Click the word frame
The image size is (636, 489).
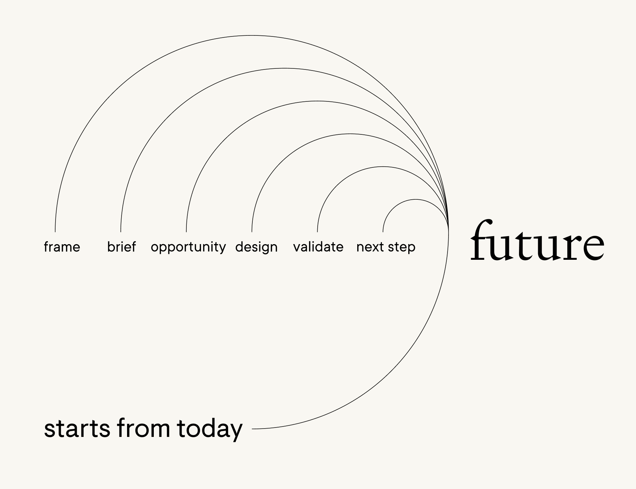pyautogui.click(x=62, y=247)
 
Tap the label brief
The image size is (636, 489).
pyautogui.click(x=122, y=247)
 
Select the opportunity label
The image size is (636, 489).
pyautogui.click(x=188, y=247)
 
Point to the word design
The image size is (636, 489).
pyautogui.click(x=256, y=247)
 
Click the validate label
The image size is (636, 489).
pyautogui.click(x=318, y=247)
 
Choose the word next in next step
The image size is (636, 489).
pyautogui.click(x=370, y=247)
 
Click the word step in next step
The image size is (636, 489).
pyautogui.click(x=402, y=247)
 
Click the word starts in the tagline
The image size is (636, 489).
pyautogui.click(x=77, y=429)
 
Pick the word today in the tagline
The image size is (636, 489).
pyautogui.click(x=210, y=429)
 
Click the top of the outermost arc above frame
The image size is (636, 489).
pyautogui.click(x=252, y=35)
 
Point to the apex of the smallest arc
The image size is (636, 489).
pyautogui.click(x=416, y=199)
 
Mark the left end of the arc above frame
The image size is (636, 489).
pyautogui.click(x=55, y=232)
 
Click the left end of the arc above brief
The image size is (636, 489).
pyautogui.click(x=121, y=232)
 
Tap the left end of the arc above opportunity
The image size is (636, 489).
pyautogui.click(x=186, y=232)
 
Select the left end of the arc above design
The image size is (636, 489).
pyautogui.click(x=252, y=232)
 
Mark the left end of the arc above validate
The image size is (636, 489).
pyautogui.click(x=318, y=232)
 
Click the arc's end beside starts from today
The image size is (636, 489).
pyautogui.click(x=252, y=429)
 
